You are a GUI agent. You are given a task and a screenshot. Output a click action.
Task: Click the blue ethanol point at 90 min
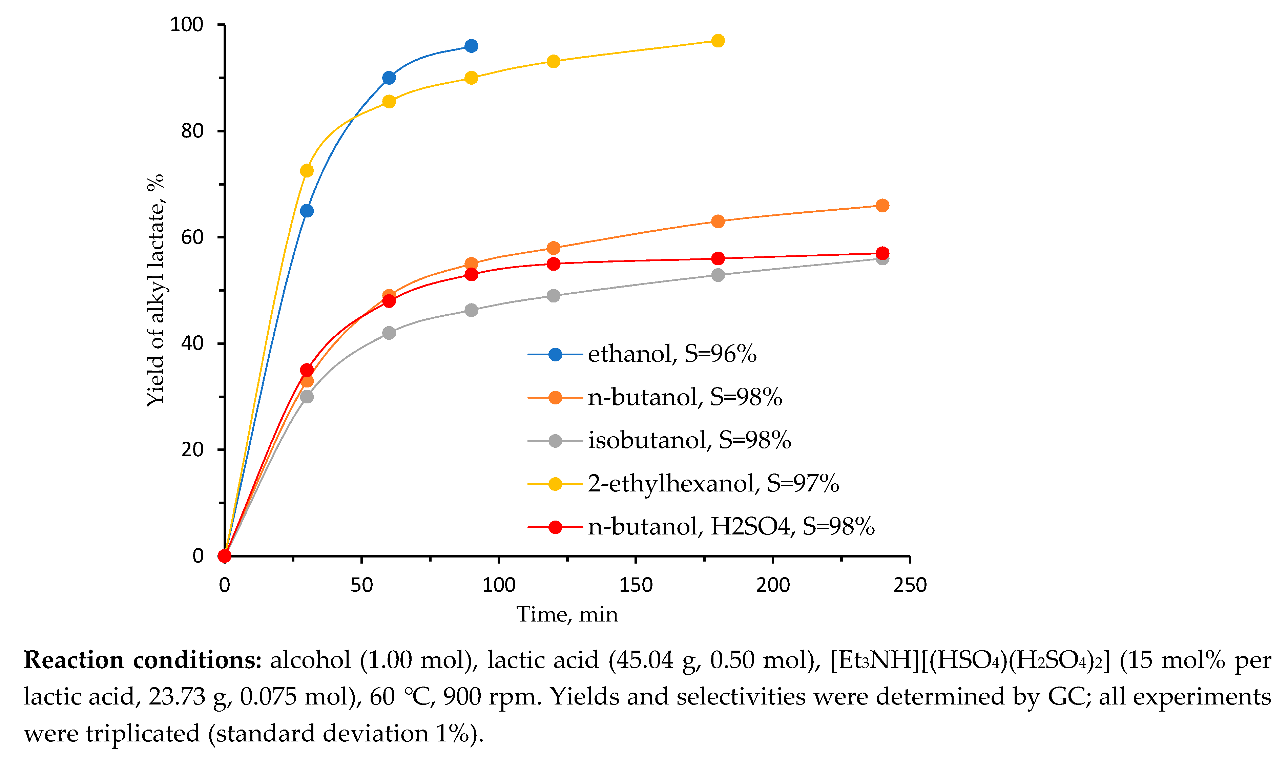point(471,46)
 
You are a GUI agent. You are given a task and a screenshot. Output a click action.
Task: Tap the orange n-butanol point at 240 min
point(882,206)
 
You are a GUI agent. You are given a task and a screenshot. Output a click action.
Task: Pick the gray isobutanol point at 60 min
point(389,333)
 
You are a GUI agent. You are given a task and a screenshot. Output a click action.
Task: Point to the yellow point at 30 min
point(307,170)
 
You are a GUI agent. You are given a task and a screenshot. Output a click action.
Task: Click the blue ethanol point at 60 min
point(389,78)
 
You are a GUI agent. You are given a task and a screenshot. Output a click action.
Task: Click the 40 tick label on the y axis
point(192,343)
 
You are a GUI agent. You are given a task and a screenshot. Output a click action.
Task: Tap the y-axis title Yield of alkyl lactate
point(155,290)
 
